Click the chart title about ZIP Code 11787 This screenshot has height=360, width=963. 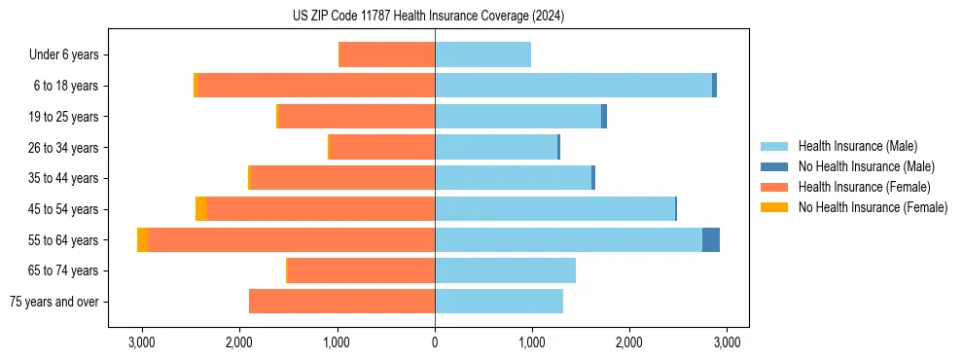[428, 17]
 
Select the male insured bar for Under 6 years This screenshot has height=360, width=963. [482, 54]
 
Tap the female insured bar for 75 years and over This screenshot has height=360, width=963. [341, 302]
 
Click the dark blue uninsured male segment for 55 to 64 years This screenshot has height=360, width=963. [711, 240]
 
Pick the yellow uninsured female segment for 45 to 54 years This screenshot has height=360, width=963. [201, 209]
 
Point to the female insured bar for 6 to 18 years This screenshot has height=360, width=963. [315, 86]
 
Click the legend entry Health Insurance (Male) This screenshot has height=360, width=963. [857, 146]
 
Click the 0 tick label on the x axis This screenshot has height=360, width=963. [435, 342]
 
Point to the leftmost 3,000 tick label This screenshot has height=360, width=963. [142, 342]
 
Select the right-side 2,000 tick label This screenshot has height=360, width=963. [629, 342]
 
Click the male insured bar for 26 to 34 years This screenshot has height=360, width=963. [495, 147]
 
